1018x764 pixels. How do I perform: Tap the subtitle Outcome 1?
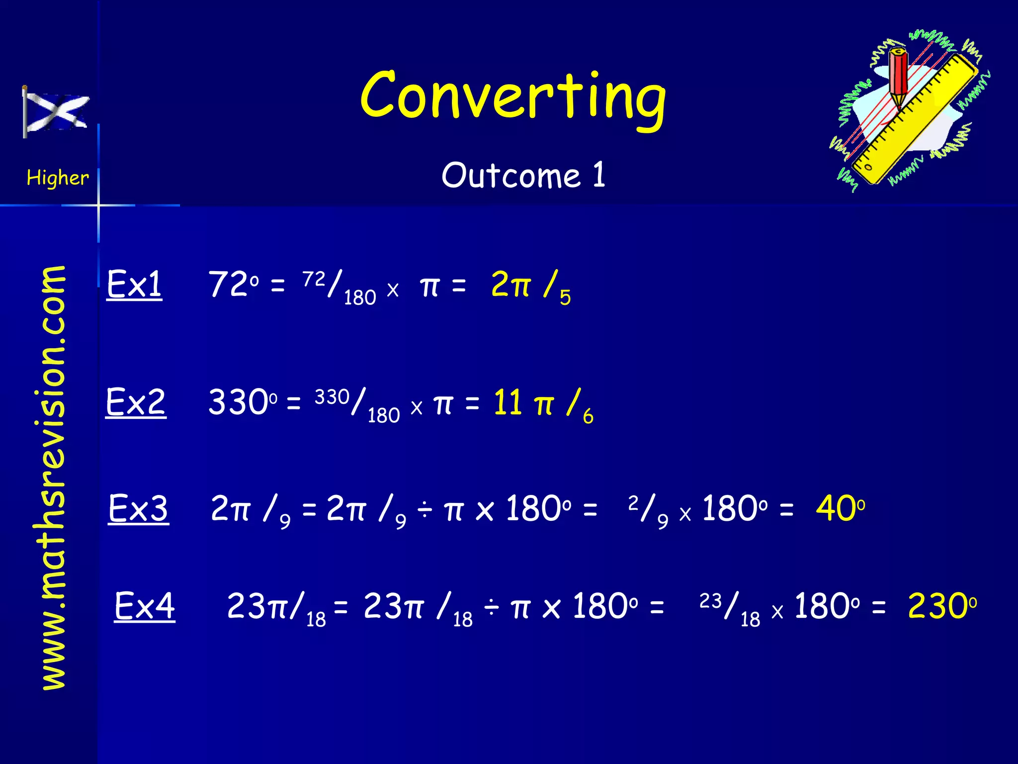click(x=523, y=176)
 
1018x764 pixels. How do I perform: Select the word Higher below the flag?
click(x=58, y=178)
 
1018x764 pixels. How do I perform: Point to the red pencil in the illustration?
click(x=899, y=80)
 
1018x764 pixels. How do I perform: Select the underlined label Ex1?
click(x=134, y=285)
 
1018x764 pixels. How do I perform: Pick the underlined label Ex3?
click(x=139, y=509)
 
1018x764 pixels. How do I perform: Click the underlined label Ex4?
click(x=145, y=606)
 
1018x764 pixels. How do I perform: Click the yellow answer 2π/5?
click(x=530, y=286)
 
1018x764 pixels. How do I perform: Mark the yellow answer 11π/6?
click(x=543, y=404)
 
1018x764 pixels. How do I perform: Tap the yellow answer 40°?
click(x=840, y=509)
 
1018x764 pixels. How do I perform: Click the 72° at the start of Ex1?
click(x=233, y=285)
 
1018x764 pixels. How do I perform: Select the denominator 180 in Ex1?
click(x=360, y=297)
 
